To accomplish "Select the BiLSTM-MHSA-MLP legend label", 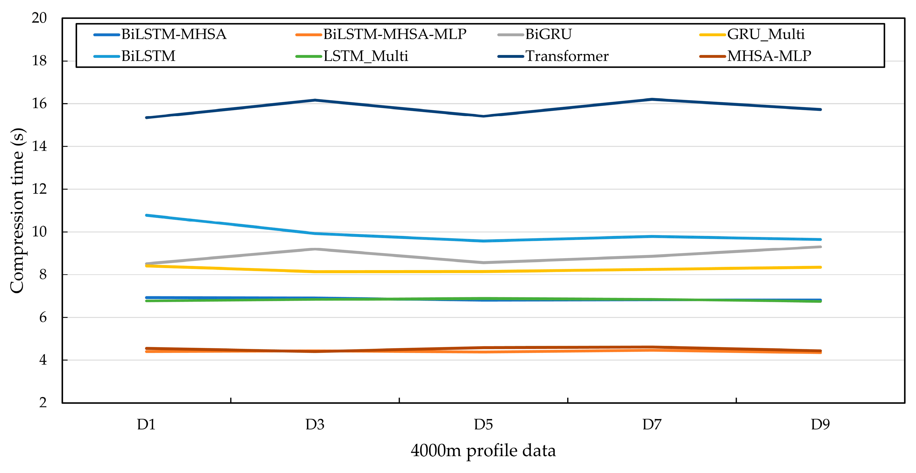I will (394, 34).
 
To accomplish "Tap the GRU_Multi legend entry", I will (765, 34).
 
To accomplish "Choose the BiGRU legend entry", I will (548, 34).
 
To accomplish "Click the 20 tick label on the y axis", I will (39, 18).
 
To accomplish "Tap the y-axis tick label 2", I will (43, 403).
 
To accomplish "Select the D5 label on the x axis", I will (483, 424).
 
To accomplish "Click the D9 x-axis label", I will (820, 424).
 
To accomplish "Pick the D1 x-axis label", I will (146, 424).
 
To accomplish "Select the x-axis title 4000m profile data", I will (483, 450).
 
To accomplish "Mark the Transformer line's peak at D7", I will (652, 99).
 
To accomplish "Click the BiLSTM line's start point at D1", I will (146, 215).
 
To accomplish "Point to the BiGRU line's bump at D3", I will (315, 249).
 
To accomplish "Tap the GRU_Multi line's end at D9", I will (820, 267).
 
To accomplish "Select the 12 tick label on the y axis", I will (39, 189).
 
